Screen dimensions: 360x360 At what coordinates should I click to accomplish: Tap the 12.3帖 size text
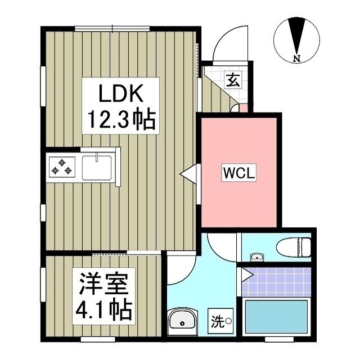119,119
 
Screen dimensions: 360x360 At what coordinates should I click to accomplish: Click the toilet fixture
294,246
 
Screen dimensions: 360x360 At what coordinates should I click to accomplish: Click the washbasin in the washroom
182,321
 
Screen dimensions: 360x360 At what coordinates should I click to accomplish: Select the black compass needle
296,35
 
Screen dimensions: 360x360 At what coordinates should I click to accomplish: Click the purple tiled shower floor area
277,281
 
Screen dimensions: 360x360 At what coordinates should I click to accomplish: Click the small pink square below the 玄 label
235,107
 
